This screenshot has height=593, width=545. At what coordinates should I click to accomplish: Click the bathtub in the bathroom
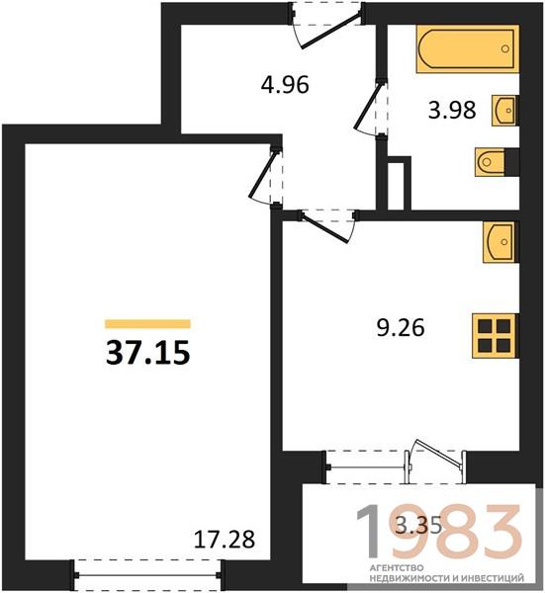[468, 48]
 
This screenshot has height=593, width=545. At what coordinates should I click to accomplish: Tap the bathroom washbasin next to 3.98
[504, 111]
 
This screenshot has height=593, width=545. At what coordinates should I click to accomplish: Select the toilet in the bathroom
[491, 162]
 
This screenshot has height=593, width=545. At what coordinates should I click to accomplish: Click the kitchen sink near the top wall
[499, 242]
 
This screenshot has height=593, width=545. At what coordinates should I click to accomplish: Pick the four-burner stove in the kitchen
[494, 335]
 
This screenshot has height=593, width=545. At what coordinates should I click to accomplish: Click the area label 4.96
[285, 85]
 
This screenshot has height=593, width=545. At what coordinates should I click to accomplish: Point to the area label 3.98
[452, 111]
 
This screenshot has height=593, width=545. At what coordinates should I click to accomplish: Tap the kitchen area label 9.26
[401, 327]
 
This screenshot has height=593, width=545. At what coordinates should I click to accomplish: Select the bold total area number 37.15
[147, 353]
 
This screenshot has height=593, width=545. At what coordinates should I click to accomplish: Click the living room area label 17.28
[225, 539]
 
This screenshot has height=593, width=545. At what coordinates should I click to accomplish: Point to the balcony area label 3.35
[418, 526]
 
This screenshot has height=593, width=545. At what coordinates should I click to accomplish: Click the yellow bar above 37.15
[147, 324]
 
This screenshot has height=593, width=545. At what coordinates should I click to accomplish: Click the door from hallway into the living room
[265, 176]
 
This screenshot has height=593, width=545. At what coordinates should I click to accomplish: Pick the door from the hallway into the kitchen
[327, 225]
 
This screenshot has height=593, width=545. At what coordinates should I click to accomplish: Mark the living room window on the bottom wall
[147, 575]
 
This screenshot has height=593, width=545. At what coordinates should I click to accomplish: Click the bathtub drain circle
[504, 48]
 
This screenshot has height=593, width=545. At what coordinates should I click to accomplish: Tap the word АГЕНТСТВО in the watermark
[396, 568]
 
